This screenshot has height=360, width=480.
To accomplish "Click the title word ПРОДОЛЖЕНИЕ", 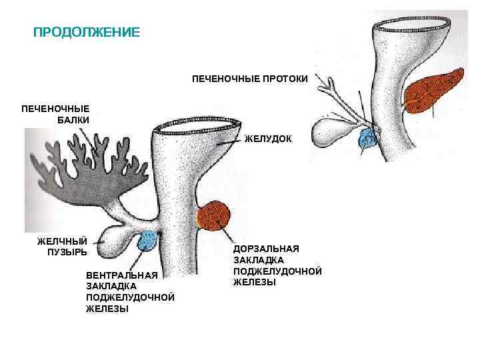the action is pyautogui.click(x=87, y=33).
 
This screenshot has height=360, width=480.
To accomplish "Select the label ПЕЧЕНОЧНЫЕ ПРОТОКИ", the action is pyautogui.click(x=250, y=79).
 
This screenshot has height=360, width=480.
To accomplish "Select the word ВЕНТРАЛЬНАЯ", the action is pyautogui.click(x=122, y=275).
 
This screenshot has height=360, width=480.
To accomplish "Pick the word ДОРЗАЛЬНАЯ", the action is pyautogui.click(x=266, y=249).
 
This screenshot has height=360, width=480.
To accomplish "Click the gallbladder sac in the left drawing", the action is pyautogui.click(x=116, y=239).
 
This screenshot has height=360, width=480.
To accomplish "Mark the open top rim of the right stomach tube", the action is pyautogui.click(x=411, y=27).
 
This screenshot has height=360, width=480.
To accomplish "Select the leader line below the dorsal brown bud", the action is pyautogui.click(x=227, y=235).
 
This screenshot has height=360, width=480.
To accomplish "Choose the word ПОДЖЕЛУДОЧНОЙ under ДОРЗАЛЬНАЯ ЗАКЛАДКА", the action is pyautogui.click(x=277, y=271).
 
